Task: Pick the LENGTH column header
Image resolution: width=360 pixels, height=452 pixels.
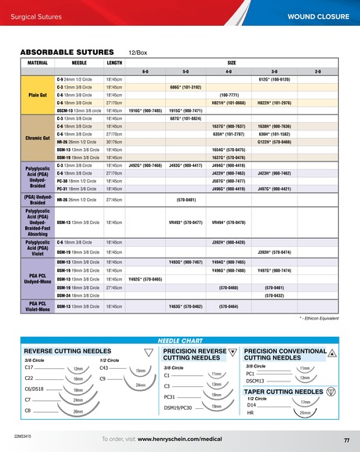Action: [114, 61]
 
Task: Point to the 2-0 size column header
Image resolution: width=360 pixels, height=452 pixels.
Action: [318, 71]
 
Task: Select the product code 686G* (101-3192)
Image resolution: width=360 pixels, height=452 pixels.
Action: [186, 87]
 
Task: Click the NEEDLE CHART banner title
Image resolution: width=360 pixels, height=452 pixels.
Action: [179, 342]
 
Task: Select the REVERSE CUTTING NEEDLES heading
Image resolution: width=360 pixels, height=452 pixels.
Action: [68, 351]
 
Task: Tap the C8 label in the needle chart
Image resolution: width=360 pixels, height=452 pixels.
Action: [28, 410]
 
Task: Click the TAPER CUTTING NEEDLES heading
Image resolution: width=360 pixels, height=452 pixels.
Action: [283, 390]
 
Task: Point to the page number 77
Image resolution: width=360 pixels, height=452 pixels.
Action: [346, 439]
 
